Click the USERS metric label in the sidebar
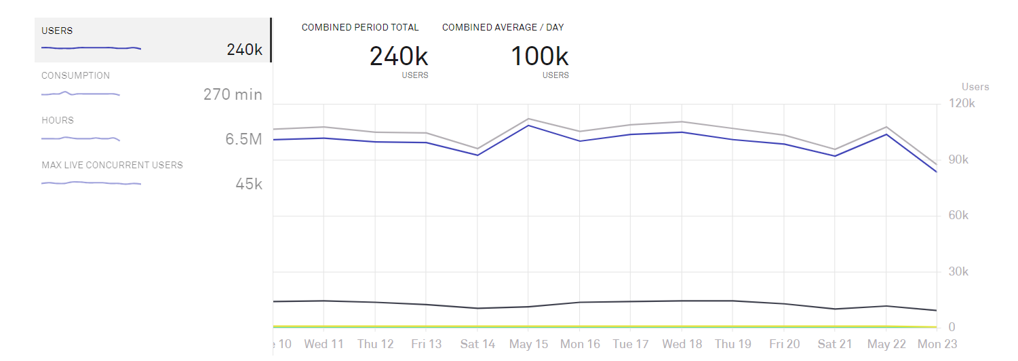(57, 31)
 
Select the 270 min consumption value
(233, 94)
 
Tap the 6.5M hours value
(243, 139)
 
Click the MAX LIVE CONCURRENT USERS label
(112, 165)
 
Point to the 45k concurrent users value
(248, 184)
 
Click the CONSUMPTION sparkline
(81, 94)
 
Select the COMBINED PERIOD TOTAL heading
(360, 28)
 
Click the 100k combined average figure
(539, 56)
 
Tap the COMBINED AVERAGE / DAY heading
(503, 28)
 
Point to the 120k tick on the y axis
(962, 104)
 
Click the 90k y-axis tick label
(962, 160)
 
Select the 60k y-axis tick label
(962, 216)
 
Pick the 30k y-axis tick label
(962, 271)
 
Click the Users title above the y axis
(975, 87)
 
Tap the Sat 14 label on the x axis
(477, 344)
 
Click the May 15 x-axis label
(529, 344)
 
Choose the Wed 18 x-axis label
(682, 344)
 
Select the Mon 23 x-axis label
(938, 344)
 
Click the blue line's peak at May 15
(528, 126)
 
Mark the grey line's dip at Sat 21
(835, 149)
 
